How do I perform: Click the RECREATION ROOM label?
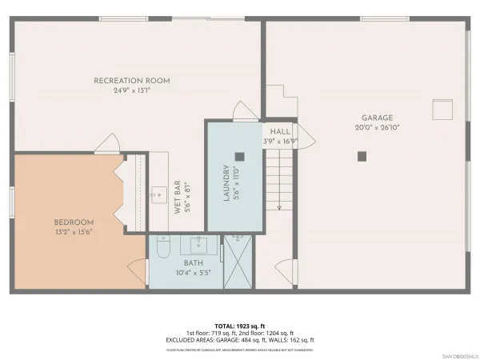(x=133, y=80)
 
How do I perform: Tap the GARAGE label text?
(x=376, y=118)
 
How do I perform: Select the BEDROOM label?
(x=74, y=222)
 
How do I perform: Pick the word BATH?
(x=194, y=262)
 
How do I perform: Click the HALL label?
(x=280, y=131)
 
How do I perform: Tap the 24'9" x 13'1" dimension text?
(x=132, y=90)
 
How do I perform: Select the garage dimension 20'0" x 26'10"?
(x=376, y=128)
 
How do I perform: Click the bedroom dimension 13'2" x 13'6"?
(x=74, y=232)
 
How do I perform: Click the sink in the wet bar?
(x=158, y=194)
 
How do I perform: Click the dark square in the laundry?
(x=238, y=156)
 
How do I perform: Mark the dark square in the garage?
(x=362, y=155)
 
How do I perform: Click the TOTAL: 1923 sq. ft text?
(x=240, y=326)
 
